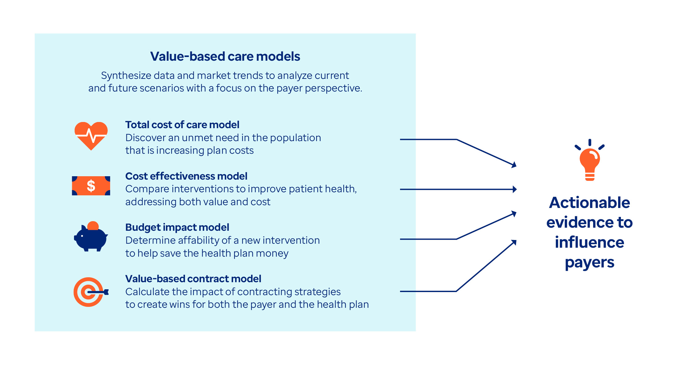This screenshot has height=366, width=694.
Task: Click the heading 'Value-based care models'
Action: pyautogui.click(x=225, y=56)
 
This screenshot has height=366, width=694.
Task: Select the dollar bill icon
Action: pyautogui.click(x=91, y=186)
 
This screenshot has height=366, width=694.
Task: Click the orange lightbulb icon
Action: pyautogui.click(x=589, y=162)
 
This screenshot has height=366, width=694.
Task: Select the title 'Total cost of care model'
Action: pyautogui.click(x=182, y=125)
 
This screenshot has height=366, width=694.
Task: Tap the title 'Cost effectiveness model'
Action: pyautogui.click(x=186, y=176)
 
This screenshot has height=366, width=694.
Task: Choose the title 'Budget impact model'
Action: pyautogui.click(x=177, y=227)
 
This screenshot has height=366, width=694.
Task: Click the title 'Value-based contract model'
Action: pyautogui.click(x=193, y=279)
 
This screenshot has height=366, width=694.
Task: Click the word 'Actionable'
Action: pyautogui.click(x=589, y=203)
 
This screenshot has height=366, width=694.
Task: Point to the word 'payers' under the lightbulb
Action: pyautogui.click(x=589, y=263)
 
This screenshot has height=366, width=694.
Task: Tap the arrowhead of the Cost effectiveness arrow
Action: pyautogui.click(x=514, y=189)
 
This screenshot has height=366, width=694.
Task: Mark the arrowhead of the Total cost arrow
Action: pyautogui.click(x=514, y=165)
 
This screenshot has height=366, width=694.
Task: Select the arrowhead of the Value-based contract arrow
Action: pyautogui.click(x=514, y=242)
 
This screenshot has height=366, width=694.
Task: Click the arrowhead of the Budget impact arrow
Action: pyautogui.click(x=514, y=213)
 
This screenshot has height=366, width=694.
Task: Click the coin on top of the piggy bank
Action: pyautogui.click(x=93, y=226)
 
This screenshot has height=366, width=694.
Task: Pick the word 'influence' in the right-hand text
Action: pyautogui.click(x=589, y=242)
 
